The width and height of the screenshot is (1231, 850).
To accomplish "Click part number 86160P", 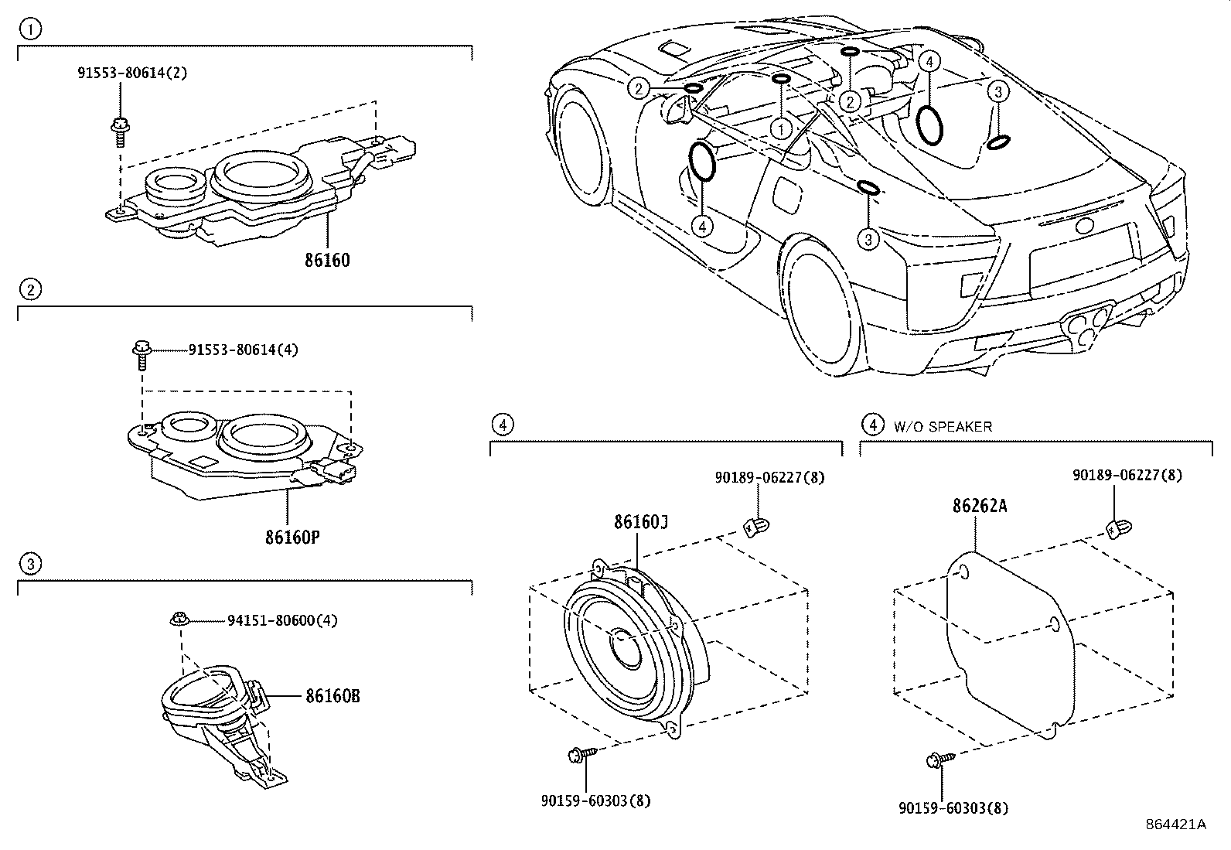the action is [x=292, y=538].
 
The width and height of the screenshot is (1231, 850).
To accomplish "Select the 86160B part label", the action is [x=332, y=696].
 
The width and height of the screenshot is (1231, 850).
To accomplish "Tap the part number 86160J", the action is [x=641, y=522].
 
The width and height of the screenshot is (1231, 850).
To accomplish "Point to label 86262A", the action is [x=980, y=505].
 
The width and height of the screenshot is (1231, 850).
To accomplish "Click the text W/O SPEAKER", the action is [x=943, y=427].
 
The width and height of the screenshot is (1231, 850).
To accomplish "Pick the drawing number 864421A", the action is [x=1176, y=824].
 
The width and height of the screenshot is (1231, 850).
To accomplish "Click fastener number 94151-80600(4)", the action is [x=282, y=621].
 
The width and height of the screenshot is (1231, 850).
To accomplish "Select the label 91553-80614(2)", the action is [x=132, y=73].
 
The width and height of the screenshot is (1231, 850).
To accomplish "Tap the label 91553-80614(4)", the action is [x=244, y=350].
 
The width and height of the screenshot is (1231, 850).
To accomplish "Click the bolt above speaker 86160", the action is [x=119, y=132].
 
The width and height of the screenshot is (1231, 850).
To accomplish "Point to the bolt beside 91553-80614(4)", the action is [x=142, y=355].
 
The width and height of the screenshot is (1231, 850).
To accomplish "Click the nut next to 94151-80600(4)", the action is [x=179, y=620].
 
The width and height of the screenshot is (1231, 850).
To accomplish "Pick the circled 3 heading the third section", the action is [x=30, y=564].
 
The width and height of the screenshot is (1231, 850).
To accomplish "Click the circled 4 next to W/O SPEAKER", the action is [x=873, y=425].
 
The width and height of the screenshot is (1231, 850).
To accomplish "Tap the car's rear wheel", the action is [x=824, y=308].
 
